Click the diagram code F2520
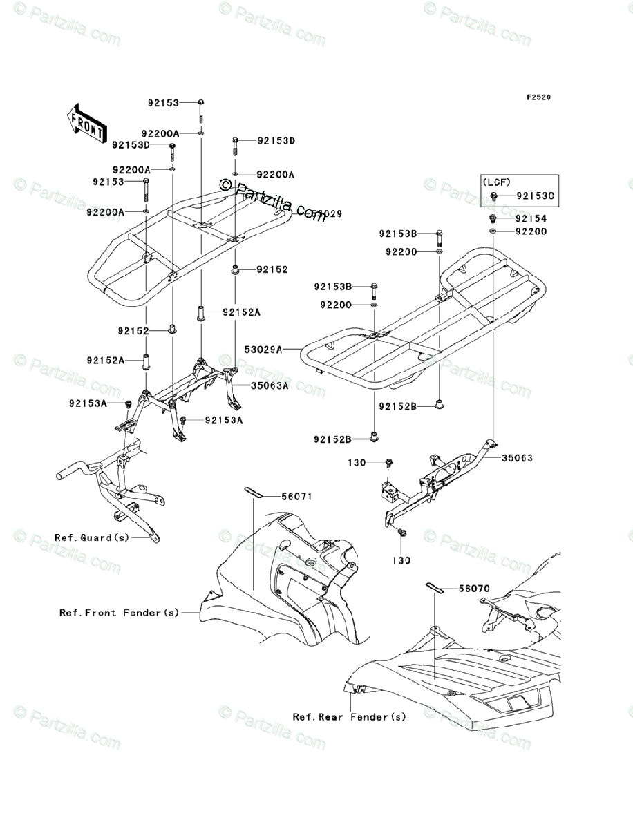[x=538, y=97]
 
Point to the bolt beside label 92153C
[x=495, y=197]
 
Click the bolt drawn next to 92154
[x=494, y=218]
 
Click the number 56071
[x=297, y=496]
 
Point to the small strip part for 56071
[x=252, y=492]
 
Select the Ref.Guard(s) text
[x=91, y=537]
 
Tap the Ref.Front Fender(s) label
[x=119, y=612]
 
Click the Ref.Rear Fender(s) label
[x=349, y=717]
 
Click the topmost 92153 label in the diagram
[x=162, y=103]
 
